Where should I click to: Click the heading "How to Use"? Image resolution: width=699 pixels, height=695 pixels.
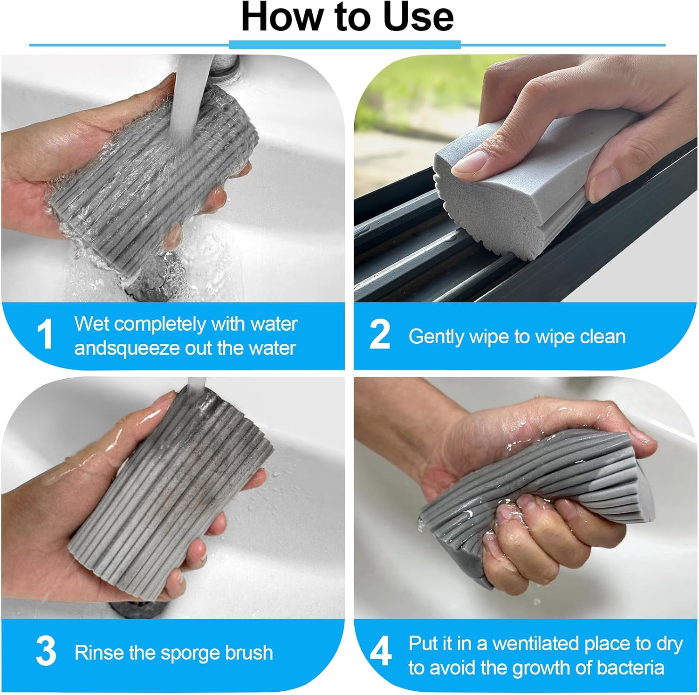348,17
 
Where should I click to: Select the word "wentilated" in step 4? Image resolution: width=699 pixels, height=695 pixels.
535,643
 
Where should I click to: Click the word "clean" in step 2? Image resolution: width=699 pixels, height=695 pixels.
601,336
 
